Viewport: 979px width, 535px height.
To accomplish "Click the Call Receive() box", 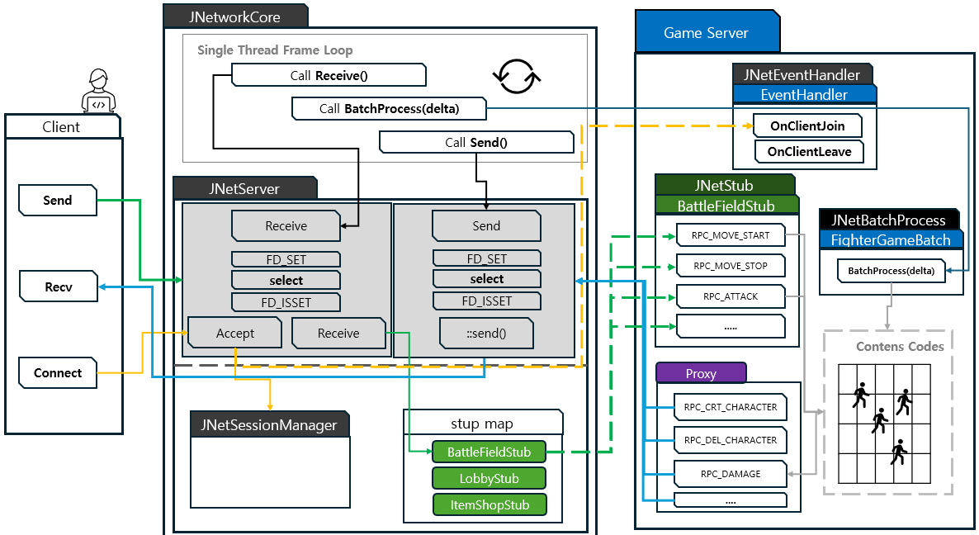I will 329,76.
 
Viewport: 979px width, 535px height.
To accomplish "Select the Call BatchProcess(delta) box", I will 389,108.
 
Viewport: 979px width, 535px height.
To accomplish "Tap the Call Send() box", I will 476,142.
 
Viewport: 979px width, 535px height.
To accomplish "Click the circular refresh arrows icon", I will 517,76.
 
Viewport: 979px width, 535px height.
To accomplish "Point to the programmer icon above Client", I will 98,92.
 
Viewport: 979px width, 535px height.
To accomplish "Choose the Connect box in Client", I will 58,372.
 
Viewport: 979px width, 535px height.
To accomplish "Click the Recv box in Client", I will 58,287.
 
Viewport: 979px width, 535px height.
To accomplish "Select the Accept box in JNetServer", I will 235,334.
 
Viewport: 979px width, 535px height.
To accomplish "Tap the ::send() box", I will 486,334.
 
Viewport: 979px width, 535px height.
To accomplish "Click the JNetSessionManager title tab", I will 270,425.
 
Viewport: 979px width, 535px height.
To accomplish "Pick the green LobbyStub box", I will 489,478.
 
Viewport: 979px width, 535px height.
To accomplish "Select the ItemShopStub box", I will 489,504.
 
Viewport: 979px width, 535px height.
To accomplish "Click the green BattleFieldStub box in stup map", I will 489,452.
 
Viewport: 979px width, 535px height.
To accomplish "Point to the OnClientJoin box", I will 808,125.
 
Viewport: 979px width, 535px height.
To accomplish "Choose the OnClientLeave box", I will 808,152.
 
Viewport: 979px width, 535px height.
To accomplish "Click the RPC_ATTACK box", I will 731,296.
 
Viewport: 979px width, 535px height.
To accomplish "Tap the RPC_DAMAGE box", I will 731,474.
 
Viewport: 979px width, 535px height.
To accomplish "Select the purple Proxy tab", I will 701,373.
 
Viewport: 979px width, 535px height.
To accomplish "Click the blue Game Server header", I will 707,33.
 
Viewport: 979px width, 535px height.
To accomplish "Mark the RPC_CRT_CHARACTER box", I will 731,407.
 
